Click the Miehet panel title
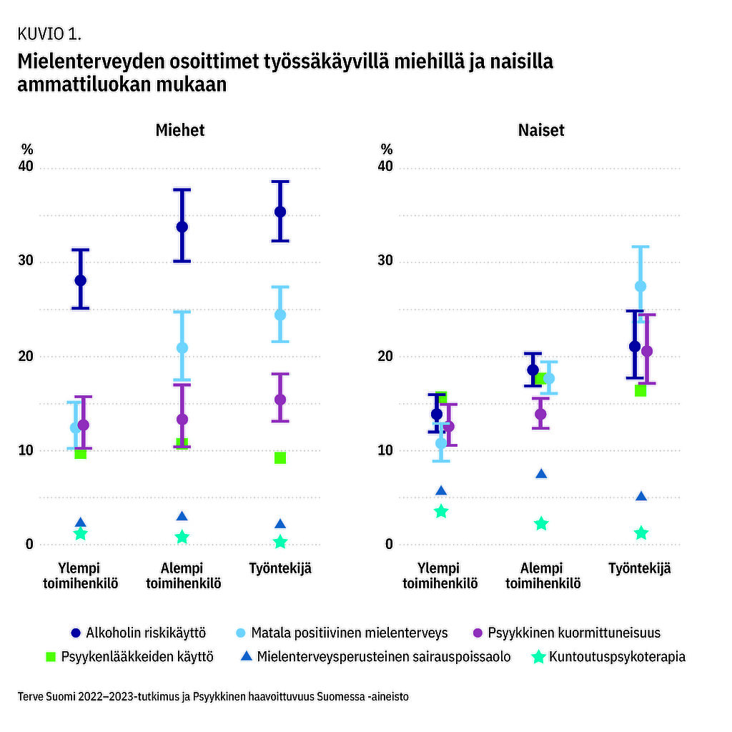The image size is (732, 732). tap(180, 130)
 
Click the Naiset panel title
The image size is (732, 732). tap(541, 130)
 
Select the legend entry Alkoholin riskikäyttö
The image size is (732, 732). tap(139, 633)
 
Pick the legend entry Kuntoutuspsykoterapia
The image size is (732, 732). tap(609, 656)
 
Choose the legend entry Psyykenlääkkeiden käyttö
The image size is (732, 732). tap(129, 656)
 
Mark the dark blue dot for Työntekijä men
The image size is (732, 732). tap(280, 212)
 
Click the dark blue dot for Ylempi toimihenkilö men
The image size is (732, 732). tap(80, 280)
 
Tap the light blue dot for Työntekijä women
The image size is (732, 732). tap(640, 286)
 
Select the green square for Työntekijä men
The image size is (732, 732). tap(280, 457)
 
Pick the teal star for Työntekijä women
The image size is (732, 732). tap(641, 533)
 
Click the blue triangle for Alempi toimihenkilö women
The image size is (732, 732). tap(541, 474)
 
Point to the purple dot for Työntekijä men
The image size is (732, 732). tap(280, 400)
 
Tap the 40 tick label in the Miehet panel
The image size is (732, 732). tap(26, 167)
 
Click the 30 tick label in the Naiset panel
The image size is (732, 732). tap(386, 261)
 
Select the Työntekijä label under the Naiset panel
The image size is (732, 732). tap(640, 569)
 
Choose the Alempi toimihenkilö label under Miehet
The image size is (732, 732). tap(183, 575)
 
